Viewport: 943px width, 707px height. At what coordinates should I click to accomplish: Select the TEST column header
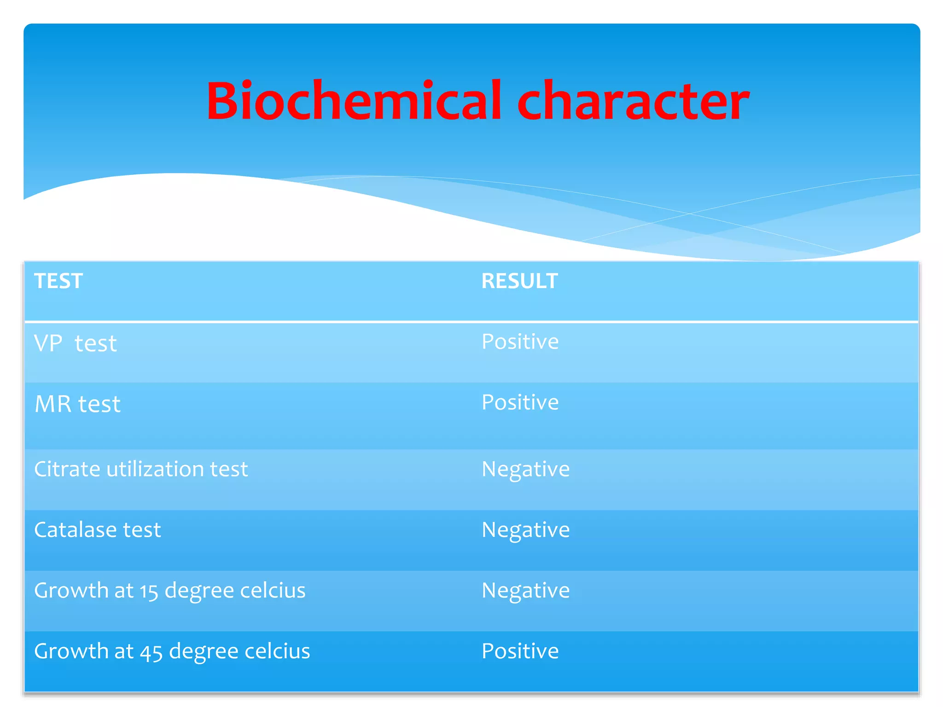(58, 281)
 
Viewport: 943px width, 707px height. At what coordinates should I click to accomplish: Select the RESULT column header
(519, 281)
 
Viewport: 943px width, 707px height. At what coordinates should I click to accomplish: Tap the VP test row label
(76, 343)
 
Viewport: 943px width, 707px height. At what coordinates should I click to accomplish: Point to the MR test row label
(77, 404)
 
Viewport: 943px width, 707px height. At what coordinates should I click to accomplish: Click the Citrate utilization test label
(141, 469)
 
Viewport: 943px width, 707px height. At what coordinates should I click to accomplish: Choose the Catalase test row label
(98, 530)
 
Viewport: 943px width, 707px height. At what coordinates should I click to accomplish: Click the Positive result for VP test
(520, 342)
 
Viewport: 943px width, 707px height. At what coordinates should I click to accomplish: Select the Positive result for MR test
(520, 402)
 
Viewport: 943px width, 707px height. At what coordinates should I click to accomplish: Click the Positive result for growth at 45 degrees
(520, 651)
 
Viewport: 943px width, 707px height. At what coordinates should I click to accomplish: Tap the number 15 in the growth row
(149, 592)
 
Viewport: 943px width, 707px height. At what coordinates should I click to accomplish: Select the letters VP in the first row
(48, 343)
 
